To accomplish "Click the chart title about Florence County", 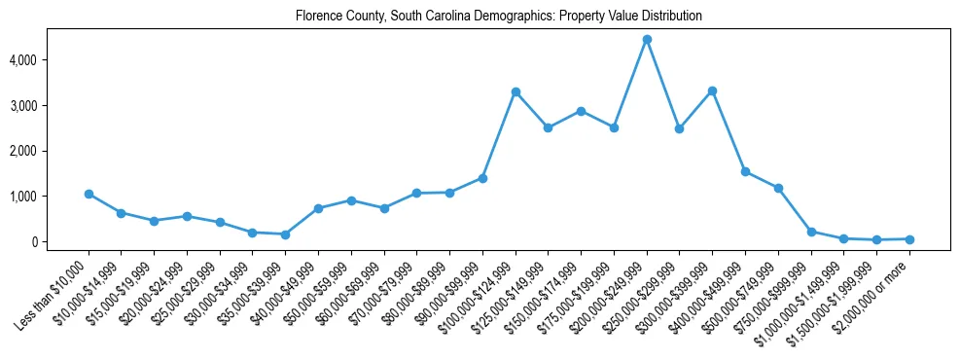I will pyautogui.click(x=499, y=17).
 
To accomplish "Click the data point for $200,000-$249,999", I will pyautogui.click(x=647, y=40).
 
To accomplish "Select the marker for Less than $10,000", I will pyautogui.click(x=89, y=194).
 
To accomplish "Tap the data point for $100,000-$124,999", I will pyautogui.click(x=516, y=91).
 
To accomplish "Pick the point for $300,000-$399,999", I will pyautogui.click(x=712, y=90).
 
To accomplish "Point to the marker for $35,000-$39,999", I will pyautogui.click(x=285, y=234).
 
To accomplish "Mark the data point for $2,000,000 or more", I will pyautogui.click(x=909, y=238).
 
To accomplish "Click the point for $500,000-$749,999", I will pyautogui.click(x=778, y=188).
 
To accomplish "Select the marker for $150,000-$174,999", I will pyautogui.click(x=581, y=111).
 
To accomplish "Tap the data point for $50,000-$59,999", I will pyautogui.click(x=351, y=200).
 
